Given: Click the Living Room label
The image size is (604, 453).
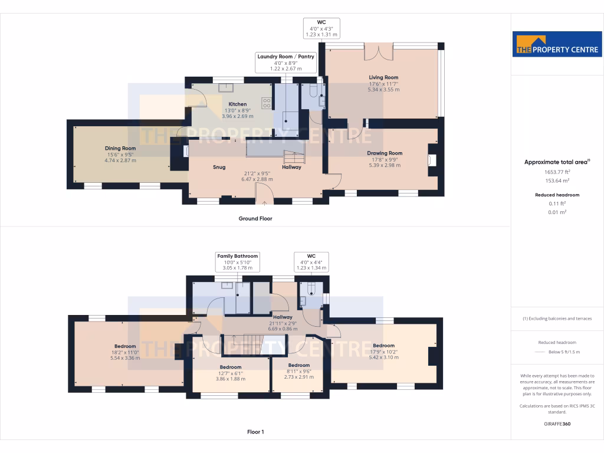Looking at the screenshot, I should click(x=383, y=77).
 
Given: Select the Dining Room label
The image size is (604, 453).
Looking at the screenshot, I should click(x=120, y=149).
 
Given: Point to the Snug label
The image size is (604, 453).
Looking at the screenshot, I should click(x=219, y=167).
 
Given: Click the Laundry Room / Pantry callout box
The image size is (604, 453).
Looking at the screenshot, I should click(x=286, y=63).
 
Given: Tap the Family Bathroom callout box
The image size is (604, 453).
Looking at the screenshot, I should click(x=238, y=262).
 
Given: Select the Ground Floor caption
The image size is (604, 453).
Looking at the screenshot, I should click(x=255, y=218).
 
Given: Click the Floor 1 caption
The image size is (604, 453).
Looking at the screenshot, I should click(x=255, y=432).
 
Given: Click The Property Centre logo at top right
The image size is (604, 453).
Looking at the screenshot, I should click(x=557, y=44).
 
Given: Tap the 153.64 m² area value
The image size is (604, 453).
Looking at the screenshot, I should click(x=546, y=181).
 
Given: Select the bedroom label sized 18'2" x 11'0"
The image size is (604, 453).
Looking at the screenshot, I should click(x=125, y=346).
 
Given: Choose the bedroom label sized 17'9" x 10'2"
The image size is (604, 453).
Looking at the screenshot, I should click(x=383, y=346).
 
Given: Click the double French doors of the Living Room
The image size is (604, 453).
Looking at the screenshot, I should click(x=378, y=52).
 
